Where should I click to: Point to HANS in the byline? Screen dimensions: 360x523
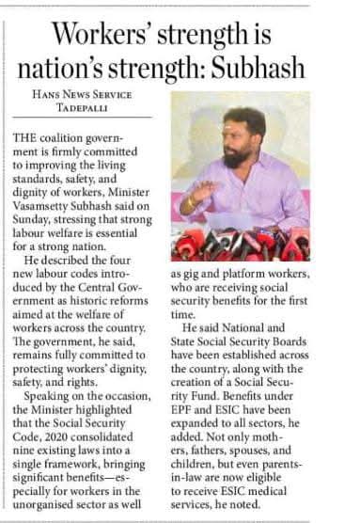click(x=47, y=94)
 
